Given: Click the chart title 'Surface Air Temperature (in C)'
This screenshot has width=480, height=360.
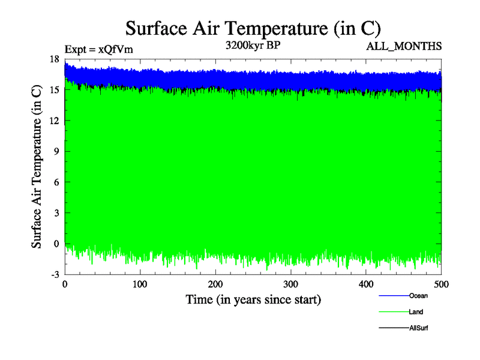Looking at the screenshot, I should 253,28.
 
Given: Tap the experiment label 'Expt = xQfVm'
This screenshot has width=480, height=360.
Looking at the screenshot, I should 98,49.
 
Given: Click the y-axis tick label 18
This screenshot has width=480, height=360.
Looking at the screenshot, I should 54,59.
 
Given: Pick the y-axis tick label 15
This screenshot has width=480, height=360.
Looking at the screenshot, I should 54,90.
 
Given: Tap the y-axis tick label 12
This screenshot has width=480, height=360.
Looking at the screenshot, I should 54,121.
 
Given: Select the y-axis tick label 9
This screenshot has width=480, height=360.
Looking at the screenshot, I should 56,151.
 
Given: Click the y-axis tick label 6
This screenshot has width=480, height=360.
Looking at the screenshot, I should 56,182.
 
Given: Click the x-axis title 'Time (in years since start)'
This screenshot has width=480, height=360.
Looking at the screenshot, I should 253,299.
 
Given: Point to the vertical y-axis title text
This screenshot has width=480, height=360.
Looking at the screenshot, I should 37,167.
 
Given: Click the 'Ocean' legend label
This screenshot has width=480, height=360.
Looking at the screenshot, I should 418,296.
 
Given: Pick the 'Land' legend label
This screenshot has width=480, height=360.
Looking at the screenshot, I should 416,312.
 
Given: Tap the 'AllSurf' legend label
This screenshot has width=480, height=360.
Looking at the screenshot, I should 418,328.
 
